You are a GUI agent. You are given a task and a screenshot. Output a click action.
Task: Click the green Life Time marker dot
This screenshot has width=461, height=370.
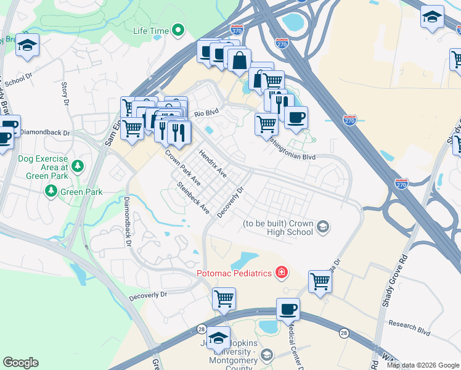click(x=178, y=29)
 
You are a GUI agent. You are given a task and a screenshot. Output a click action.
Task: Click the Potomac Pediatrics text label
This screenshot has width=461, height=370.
click(x=234, y=273)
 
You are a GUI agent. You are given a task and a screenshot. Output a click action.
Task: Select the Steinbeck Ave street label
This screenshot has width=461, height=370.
click(x=194, y=198)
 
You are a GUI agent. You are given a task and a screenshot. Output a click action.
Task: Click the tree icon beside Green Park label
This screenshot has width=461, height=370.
click(x=51, y=192)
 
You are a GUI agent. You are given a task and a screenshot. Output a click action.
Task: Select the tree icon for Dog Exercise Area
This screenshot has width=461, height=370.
click(x=77, y=166)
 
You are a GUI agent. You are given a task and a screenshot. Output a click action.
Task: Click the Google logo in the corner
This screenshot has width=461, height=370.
click(x=20, y=363)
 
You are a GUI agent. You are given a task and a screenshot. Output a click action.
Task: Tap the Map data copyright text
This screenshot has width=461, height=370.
click(x=423, y=365)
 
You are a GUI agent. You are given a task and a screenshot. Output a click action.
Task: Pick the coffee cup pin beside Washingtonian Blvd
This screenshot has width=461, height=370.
click(x=296, y=117)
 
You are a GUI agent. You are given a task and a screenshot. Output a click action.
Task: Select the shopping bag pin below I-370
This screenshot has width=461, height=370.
click(x=239, y=60)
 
